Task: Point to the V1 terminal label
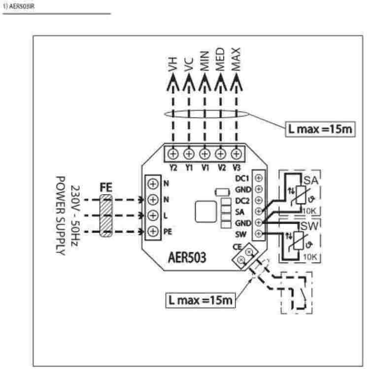click(x=205, y=166)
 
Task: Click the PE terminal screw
click(x=153, y=231)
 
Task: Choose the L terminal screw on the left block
click(x=153, y=215)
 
